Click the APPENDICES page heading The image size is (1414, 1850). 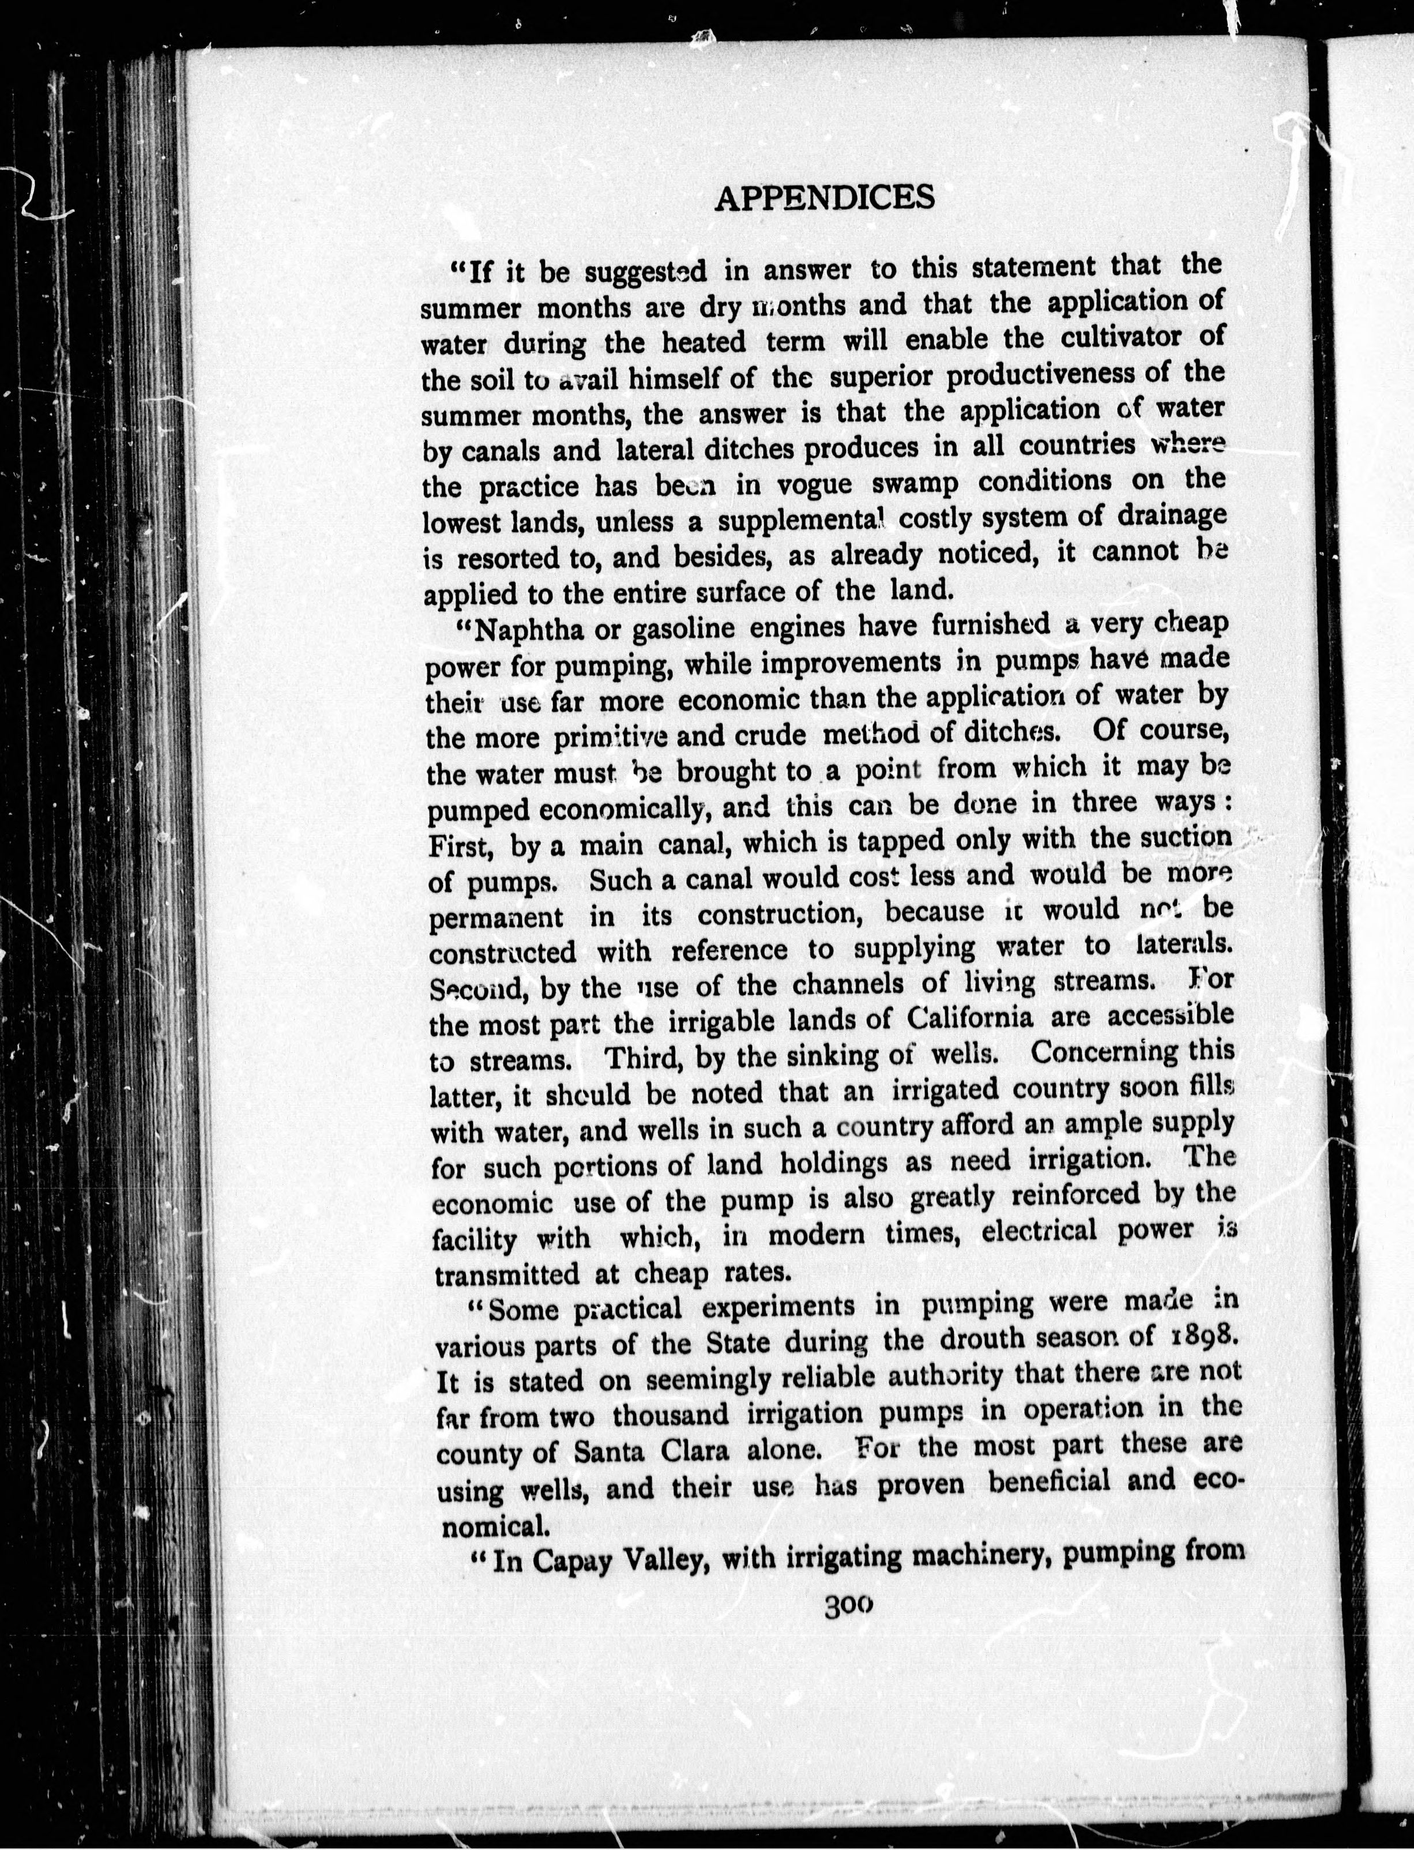(x=824, y=198)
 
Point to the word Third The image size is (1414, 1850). (x=645, y=1057)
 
